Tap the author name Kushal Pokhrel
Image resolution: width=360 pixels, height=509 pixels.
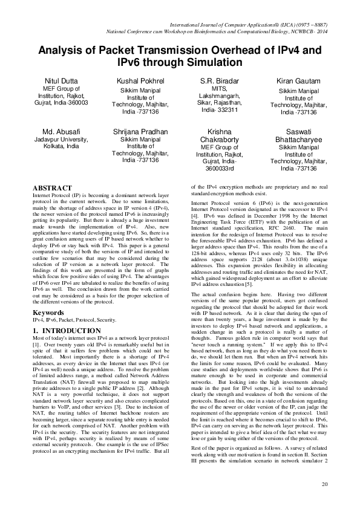coord(140,80)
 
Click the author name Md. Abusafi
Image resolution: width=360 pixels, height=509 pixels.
coord(61,131)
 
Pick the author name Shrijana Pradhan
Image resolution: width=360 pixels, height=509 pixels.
coord(140,131)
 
